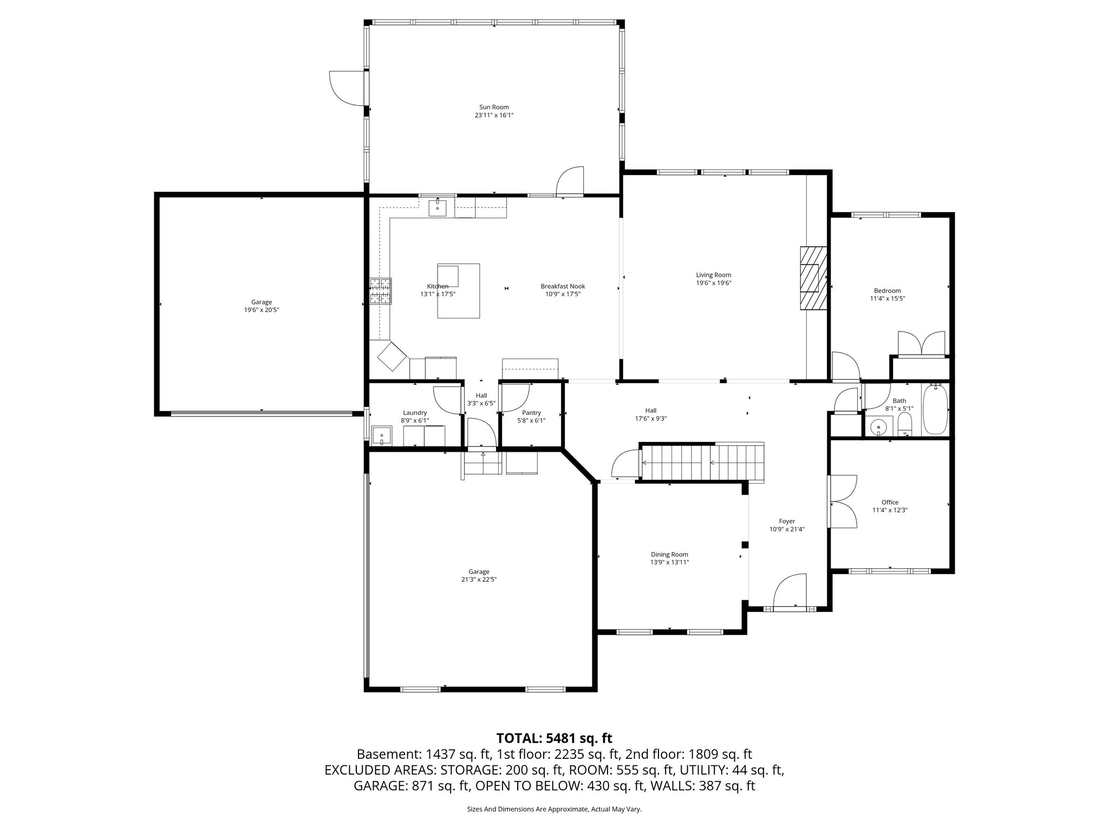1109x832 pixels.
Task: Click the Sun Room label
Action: coord(494,107)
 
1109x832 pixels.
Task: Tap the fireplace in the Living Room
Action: coord(814,278)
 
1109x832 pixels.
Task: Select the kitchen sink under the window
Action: coord(438,207)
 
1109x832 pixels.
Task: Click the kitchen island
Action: coord(458,291)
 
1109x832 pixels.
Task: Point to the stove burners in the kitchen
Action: coord(381,291)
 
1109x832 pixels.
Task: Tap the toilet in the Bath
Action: coord(905,424)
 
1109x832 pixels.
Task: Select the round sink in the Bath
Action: coord(877,427)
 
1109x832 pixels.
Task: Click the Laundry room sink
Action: coord(382,435)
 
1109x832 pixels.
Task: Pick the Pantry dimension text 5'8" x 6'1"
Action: coord(531,420)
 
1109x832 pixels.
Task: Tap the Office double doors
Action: coord(842,502)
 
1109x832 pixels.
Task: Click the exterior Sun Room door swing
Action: coord(347,87)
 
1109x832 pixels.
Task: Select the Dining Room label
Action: coord(669,554)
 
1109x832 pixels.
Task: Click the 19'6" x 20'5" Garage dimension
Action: coord(262,310)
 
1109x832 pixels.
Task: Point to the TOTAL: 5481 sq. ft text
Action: coord(554,738)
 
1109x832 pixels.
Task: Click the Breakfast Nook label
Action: coord(563,286)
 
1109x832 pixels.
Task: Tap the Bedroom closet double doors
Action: coord(922,343)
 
